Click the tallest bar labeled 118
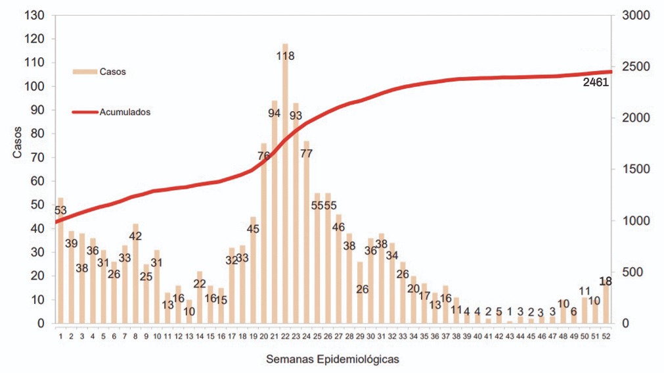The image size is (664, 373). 285,197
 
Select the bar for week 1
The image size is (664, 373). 60,263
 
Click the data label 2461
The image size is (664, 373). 596,83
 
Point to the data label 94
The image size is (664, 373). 275,113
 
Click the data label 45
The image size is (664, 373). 253,229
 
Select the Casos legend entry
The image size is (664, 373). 99,70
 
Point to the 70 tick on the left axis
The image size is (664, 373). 39,158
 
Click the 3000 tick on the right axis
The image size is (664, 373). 634,15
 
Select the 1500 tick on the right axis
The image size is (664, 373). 634,169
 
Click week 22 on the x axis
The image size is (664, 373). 285,336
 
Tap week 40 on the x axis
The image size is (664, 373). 478,336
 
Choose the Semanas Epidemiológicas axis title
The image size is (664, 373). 332,359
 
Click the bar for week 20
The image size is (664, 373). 264,237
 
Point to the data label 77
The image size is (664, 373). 307,154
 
